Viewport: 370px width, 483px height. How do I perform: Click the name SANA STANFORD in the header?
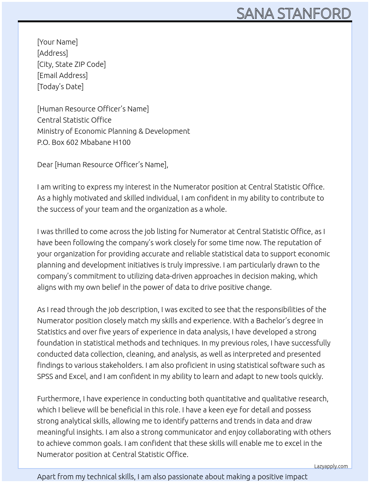[x=293, y=13]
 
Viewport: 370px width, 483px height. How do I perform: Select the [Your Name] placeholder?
[x=58, y=42]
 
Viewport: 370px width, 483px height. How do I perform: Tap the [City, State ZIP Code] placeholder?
[x=71, y=64]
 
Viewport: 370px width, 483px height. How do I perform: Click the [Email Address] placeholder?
[x=62, y=75]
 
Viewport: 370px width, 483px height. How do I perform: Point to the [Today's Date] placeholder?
[x=60, y=87]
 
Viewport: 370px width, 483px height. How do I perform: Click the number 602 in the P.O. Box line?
[x=72, y=142]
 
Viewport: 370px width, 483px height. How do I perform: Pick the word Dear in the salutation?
[x=45, y=165]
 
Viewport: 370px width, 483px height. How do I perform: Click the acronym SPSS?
[x=45, y=376]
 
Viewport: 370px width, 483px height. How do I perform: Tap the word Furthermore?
[x=59, y=399]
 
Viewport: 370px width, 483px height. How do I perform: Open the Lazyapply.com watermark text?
[x=331, y=466]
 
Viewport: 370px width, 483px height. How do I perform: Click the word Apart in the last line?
[x=46, y=477]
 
